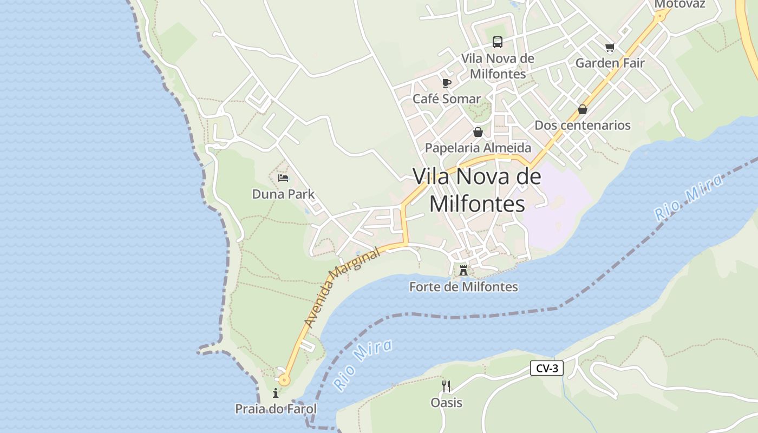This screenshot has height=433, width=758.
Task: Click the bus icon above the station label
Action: point(497,42)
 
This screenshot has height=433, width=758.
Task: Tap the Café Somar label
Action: point(447,99)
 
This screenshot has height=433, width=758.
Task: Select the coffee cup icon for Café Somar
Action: point(446,83)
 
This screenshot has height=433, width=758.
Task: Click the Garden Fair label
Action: point(610,63)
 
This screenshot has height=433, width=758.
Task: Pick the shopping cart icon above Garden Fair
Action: point(610,47)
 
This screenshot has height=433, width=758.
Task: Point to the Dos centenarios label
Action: point(583,125)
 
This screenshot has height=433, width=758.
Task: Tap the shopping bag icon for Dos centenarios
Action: point(583,109)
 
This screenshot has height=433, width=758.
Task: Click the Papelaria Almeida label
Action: point(478,148)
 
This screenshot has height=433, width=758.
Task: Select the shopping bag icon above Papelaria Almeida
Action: point(478,132)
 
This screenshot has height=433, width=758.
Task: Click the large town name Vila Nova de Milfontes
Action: point(477,190)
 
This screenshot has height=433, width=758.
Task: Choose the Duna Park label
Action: point(283,194)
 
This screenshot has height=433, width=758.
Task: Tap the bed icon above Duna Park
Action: point(283,178)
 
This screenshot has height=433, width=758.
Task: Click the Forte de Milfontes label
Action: point(463,287)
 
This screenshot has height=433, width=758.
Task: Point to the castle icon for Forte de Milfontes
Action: point(463,271)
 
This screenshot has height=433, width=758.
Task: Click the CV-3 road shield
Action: point(547,369)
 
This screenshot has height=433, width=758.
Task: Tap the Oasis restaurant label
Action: point(446,402)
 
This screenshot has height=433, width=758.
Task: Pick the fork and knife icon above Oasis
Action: point(446,386)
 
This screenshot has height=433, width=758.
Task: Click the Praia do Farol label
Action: point(276,409)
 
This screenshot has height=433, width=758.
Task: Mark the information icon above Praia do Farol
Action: point(276,393)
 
